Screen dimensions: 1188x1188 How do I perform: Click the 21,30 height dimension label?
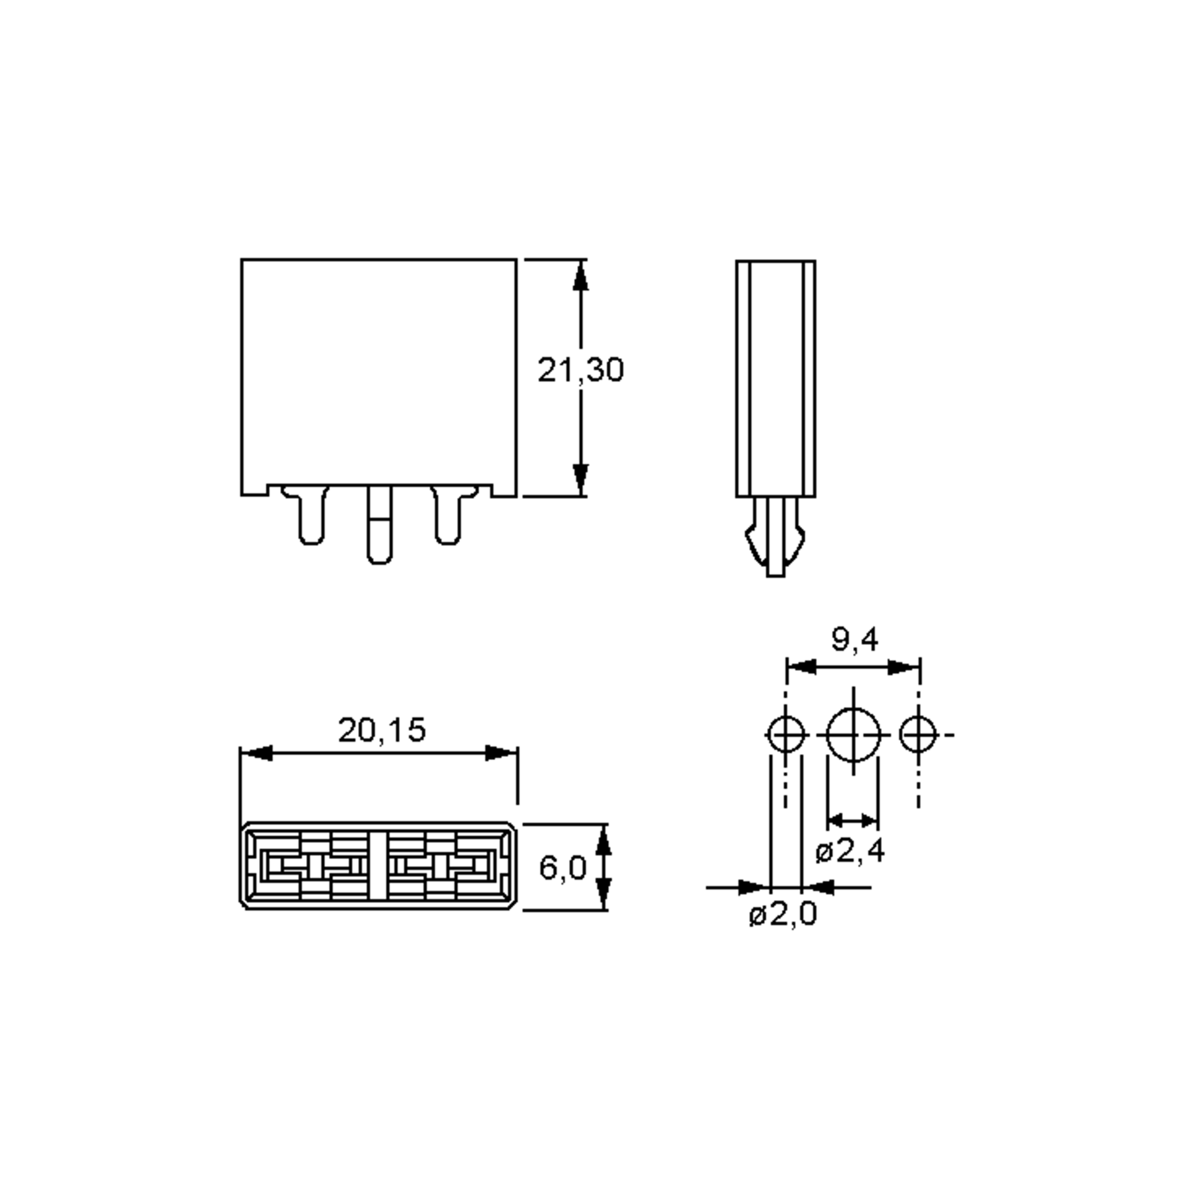tap(581, 370)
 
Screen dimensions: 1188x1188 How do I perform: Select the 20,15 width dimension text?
tap(381, 730)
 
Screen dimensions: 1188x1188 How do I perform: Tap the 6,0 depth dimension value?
tap(563, 868)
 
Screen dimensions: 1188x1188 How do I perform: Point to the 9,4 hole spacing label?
tap(855, 640)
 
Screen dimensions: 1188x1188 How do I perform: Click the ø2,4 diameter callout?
tap(850, 851)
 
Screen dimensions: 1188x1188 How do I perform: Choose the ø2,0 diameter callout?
tap(783, 914)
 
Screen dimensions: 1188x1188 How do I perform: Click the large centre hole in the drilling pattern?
tap(853, 734)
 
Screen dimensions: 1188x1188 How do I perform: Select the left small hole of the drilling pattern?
tap(786, 734)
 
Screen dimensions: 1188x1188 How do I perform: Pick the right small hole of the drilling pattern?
tap(918, 734)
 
